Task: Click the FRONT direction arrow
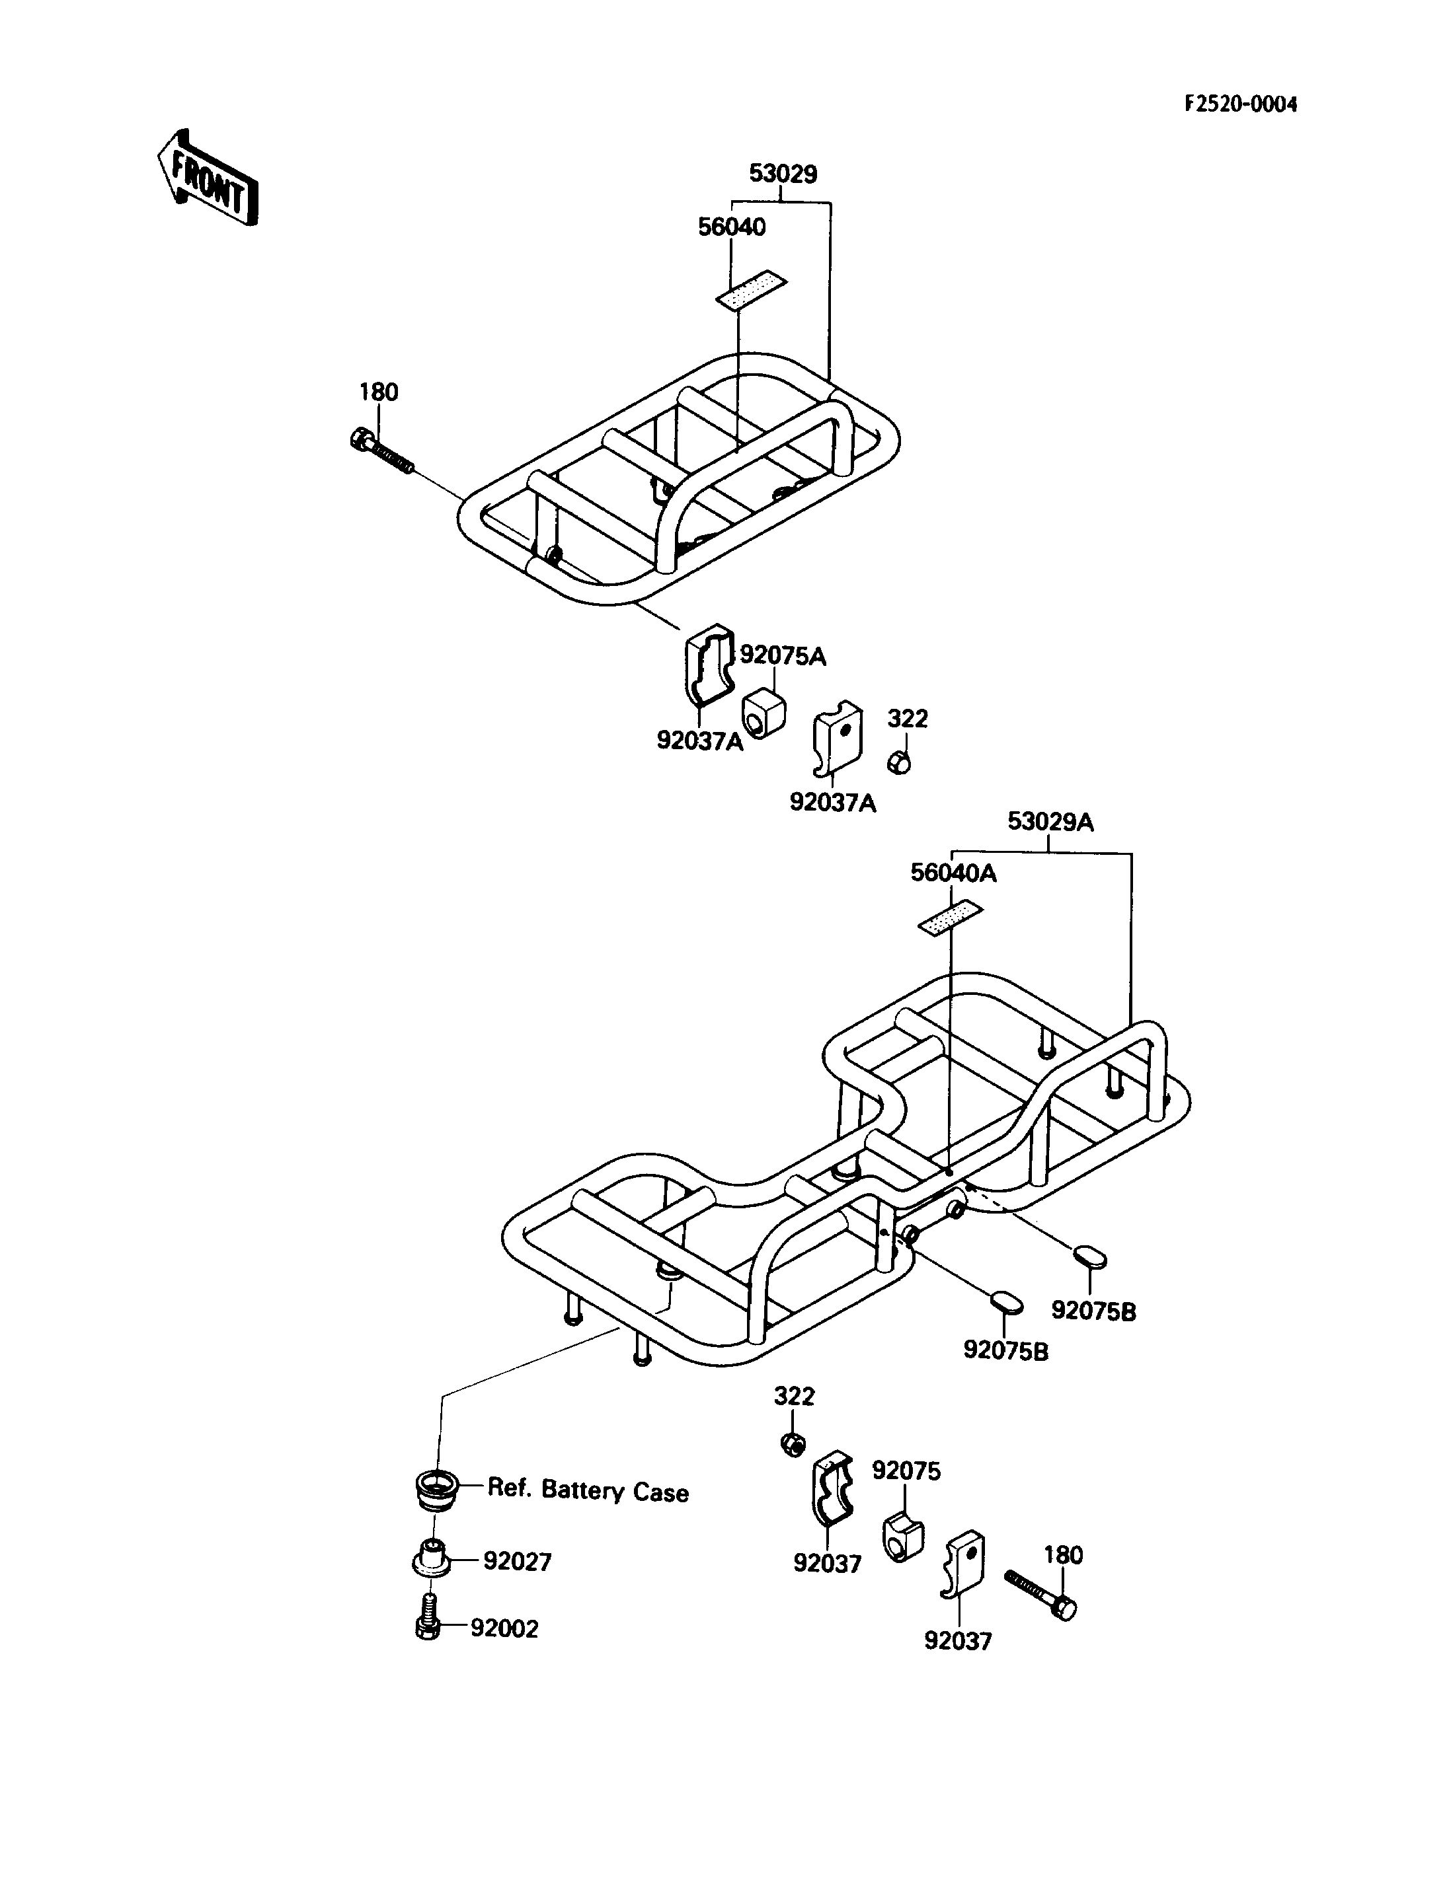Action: tap(208, 178)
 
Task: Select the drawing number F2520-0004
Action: tap(1240, 104)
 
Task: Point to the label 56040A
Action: tap(953, 873)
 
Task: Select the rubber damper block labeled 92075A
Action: tap(764, 712)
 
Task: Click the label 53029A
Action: tap(1050, 822)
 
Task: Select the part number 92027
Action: tap(517, 1561)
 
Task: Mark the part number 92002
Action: tap(504, 1628)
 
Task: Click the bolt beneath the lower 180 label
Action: tap(1041, 1595)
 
